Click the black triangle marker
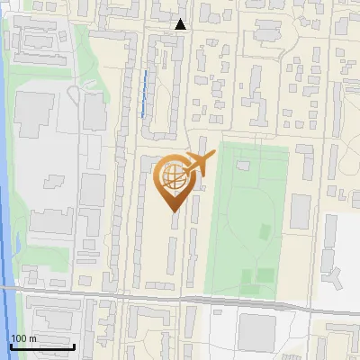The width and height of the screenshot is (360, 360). click(181, 24)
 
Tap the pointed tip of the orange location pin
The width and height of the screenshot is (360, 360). click(173, 210)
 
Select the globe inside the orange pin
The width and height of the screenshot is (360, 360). click(173, 177)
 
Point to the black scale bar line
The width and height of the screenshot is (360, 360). click(42, 346)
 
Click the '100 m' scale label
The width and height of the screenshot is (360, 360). click(23, 338)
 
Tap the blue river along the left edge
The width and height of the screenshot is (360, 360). click(4, 180)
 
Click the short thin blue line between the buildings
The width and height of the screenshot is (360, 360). click(143, 93)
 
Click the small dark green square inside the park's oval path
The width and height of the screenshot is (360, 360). click(264, 274)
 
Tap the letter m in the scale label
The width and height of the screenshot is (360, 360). click(32, 338)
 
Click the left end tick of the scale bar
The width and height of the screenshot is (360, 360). click(11, 345)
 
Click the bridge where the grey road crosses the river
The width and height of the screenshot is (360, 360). click(7, 288)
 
